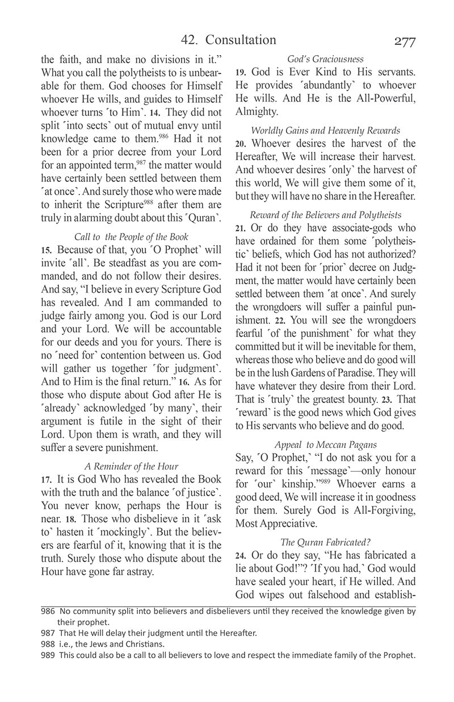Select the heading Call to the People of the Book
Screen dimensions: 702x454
[131, 236]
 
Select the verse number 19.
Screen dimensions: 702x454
[240, 73]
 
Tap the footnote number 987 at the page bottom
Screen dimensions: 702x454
[48, 633]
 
